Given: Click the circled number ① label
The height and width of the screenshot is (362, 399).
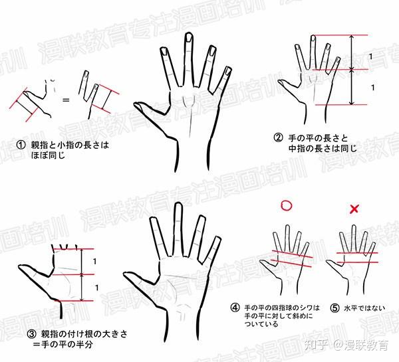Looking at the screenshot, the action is (x=21, y=145).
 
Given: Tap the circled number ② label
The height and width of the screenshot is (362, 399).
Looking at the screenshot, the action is (x=278, y=137).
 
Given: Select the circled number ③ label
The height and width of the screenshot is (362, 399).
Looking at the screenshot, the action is (x=32, y=334).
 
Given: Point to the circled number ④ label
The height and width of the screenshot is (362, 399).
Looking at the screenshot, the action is (x=235, y=308).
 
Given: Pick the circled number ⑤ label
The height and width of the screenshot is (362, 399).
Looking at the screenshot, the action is (x=335, y=308).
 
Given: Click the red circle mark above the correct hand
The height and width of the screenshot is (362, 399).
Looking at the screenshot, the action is (x=286, y=206).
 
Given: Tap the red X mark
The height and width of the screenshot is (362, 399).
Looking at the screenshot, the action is (x=354, y=209).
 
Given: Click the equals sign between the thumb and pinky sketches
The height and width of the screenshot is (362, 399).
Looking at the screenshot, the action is (x=66, y=100).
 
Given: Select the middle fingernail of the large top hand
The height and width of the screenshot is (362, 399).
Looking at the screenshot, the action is (x=189, y=37).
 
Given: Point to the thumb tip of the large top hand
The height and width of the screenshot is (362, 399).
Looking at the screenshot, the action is (x=136, y=104).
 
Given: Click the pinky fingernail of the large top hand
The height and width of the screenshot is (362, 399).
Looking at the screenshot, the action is (x=228, y=71).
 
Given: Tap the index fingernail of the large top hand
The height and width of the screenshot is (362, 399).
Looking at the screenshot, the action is (x=164, y=51).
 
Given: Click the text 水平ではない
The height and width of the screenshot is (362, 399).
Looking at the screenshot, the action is (x=364, y=308).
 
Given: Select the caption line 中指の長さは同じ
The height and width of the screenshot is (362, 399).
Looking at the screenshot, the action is (x=323, y=148).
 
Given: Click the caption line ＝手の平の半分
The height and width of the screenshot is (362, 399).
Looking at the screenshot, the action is (x=63, y=345).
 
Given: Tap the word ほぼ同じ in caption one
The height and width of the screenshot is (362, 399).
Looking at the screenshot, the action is (x=48, y=155).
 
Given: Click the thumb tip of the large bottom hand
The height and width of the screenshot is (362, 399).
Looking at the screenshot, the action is (x=126, y=274).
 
